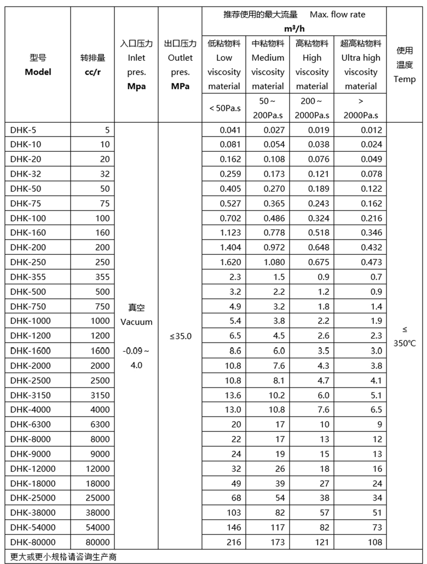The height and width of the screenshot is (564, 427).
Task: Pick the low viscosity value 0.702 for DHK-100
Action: [230, 218]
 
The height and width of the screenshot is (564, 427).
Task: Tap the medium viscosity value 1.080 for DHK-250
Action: [274, 262]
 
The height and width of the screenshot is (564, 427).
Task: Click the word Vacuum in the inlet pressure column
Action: [136, 322]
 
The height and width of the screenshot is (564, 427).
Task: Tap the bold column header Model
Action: [38, 72]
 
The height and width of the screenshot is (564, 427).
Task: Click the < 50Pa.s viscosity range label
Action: [224, 108]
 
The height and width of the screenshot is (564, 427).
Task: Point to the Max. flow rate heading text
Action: [337, 14]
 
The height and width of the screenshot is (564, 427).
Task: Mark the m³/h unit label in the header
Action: [293, 29]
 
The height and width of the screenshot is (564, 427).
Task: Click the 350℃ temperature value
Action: [405, 344]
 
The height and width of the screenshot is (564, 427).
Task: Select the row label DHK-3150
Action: [30, 395]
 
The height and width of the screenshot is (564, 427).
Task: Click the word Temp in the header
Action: [405, 79]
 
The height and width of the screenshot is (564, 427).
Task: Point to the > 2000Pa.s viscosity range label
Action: [361, 108]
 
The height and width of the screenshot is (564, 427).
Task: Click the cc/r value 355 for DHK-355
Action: [100, 277]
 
